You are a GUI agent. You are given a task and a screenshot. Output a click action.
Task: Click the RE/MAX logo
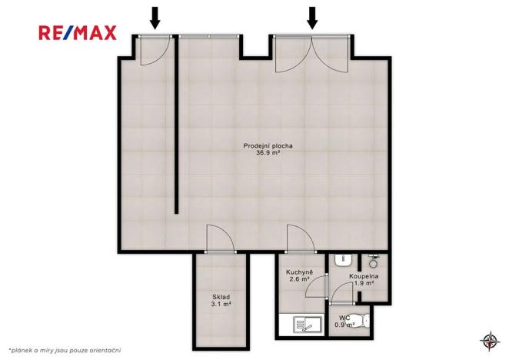[78, 32]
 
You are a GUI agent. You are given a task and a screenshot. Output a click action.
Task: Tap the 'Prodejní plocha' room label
[268, 145]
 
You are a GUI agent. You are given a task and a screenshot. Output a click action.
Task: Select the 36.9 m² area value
[268, 153]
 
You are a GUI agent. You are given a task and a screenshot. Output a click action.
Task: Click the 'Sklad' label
[221, 297]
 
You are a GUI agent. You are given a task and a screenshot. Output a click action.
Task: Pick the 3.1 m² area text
[221, 305]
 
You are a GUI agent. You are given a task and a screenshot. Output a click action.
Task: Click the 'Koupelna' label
[362, 275]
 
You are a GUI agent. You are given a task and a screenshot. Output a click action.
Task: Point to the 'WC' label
[344, 317]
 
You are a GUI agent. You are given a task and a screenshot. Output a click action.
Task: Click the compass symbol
[488, 339]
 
